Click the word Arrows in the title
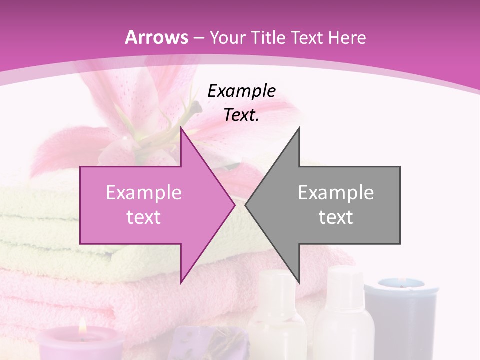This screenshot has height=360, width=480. tap(157, 37)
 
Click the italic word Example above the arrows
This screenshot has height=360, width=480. tap(241, 91)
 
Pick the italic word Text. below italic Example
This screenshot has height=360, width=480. tap(241, 115)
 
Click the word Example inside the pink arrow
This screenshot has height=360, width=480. tap(143, 193)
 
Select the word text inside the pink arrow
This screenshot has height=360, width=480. tap(143, 217)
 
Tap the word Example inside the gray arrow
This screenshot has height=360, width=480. tap(336, 193)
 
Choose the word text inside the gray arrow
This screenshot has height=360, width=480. tap(336, 217)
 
